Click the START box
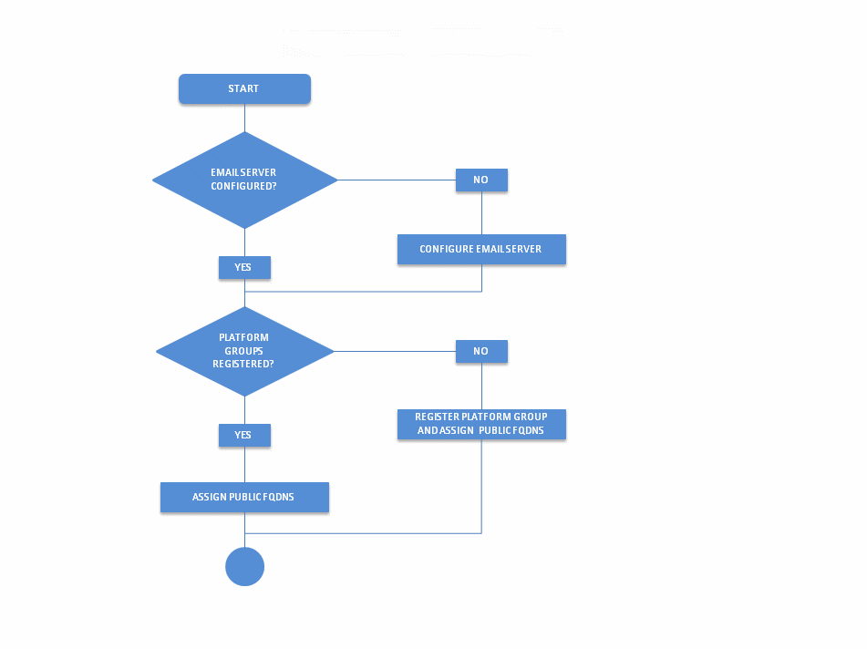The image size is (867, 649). pos(244,89)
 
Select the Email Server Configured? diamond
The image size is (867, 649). pos(244,180)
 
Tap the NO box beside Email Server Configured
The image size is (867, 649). pos(481,180)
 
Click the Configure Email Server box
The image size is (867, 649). pos(481,250)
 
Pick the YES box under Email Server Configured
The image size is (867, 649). pos(244,268)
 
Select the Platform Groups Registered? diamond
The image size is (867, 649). pos(244,351)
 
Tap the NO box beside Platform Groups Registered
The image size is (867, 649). pos(481,352)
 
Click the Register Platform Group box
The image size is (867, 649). pos(481,424)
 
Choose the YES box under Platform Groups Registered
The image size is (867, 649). pos(244,436)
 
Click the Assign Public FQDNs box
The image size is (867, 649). pos(244,498)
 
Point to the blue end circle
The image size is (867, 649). pos(244,567)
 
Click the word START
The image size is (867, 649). pos(243,89)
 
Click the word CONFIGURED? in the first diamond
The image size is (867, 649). pos(243,186)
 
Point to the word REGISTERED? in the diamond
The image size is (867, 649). pos(243,364)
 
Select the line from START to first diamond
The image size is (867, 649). pos(244,118)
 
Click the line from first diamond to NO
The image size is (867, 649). pos(397,180)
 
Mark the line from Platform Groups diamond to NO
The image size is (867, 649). pos(395,351)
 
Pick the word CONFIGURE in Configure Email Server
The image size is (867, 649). pos(446,250)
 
